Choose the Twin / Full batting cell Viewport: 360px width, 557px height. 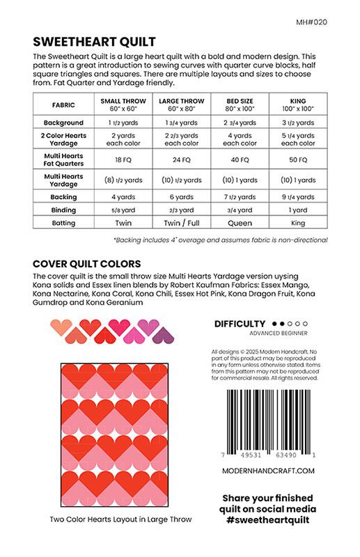coord(171,223)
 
